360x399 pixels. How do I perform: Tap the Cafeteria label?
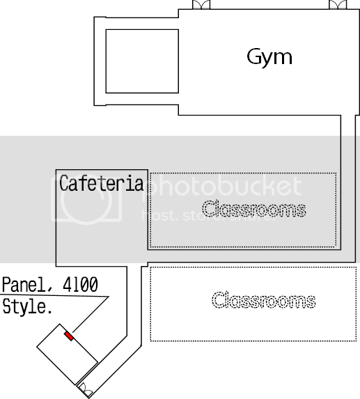(x=102, y=183)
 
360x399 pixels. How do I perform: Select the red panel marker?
(x=69, y=336)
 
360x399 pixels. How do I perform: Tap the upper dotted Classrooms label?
(x=254, y=209)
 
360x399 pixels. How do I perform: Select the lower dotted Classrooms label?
(x=264, y=300)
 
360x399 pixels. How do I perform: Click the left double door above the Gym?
(x=201, y=5)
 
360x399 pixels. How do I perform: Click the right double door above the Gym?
(x=338, y=5)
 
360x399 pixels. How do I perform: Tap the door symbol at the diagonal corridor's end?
(x=86, y=390)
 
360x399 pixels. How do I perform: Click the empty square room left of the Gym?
(x=142, y=61)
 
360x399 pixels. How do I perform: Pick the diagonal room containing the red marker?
(x=68, y=354)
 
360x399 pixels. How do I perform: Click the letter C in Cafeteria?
(x=63, y=182)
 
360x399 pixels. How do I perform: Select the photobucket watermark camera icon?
(x=86, y=199)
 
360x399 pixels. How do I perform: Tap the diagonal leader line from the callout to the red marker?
(x=91, y=314)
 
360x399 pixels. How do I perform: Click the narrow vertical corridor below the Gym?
(x=348, y=188)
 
